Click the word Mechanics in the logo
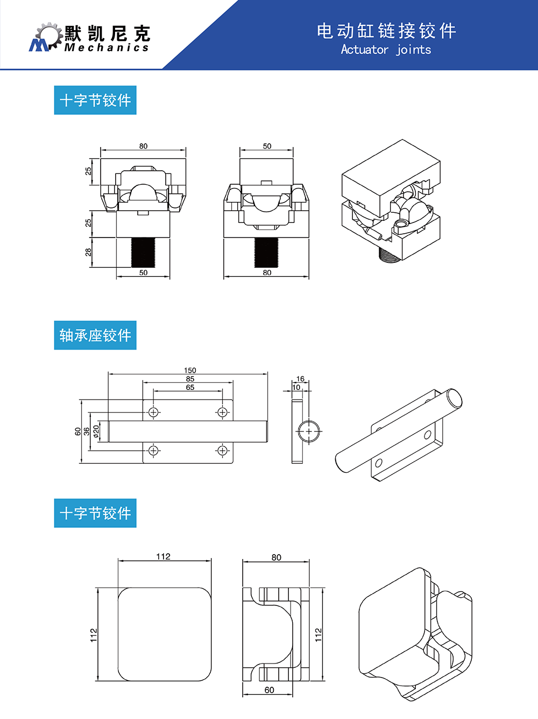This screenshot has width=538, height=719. point(107,48)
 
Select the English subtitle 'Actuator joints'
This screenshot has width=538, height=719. point(386,50)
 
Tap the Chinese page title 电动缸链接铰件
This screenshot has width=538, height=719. point(386,31)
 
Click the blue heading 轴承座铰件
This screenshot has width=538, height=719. point(95,336)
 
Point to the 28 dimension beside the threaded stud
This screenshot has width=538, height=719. point(88,252)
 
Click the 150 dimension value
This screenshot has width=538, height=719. point(190,370)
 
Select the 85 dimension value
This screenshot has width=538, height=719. point(190,379)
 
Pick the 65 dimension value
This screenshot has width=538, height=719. point(190,387)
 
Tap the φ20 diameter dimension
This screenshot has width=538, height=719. point(96,431)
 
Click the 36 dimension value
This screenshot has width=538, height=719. point(87,431)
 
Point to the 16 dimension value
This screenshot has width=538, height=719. point(300,379)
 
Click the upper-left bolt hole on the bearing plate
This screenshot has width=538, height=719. point(154,413)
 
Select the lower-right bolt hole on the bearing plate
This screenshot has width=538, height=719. point(222,450)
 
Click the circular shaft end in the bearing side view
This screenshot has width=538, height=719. point(309,431)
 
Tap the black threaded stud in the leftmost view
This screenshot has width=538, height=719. point(143,252)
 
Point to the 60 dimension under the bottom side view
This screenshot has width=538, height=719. point(269,690)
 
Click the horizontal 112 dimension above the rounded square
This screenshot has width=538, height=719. point(164,556)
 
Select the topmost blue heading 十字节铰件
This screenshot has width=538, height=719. point(95,100)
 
